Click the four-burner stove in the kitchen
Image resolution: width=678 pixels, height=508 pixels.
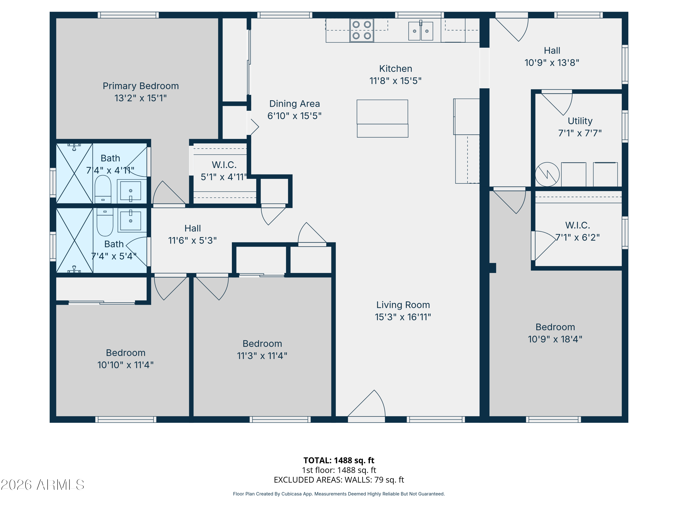coord(362,30)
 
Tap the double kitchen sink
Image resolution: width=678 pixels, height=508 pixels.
coord(421,31)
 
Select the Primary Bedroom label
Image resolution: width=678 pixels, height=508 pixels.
coord(141,86)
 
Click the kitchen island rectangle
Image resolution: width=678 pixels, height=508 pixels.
coord(382,118)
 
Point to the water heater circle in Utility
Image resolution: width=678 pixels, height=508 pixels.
coord(547,174)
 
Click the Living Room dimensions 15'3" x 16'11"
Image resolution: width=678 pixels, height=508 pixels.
coord(403,317)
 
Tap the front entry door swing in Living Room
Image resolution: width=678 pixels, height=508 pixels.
coord(368,404)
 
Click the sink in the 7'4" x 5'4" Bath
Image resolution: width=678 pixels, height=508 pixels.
coord(131,220)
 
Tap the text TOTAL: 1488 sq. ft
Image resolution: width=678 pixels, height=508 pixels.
coord(339,460)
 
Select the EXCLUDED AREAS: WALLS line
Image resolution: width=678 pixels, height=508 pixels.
coord(339,480)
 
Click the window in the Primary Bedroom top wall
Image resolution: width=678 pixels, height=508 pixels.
coord(128,15)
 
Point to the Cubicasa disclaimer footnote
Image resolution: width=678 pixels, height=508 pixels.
coord(339,494)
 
